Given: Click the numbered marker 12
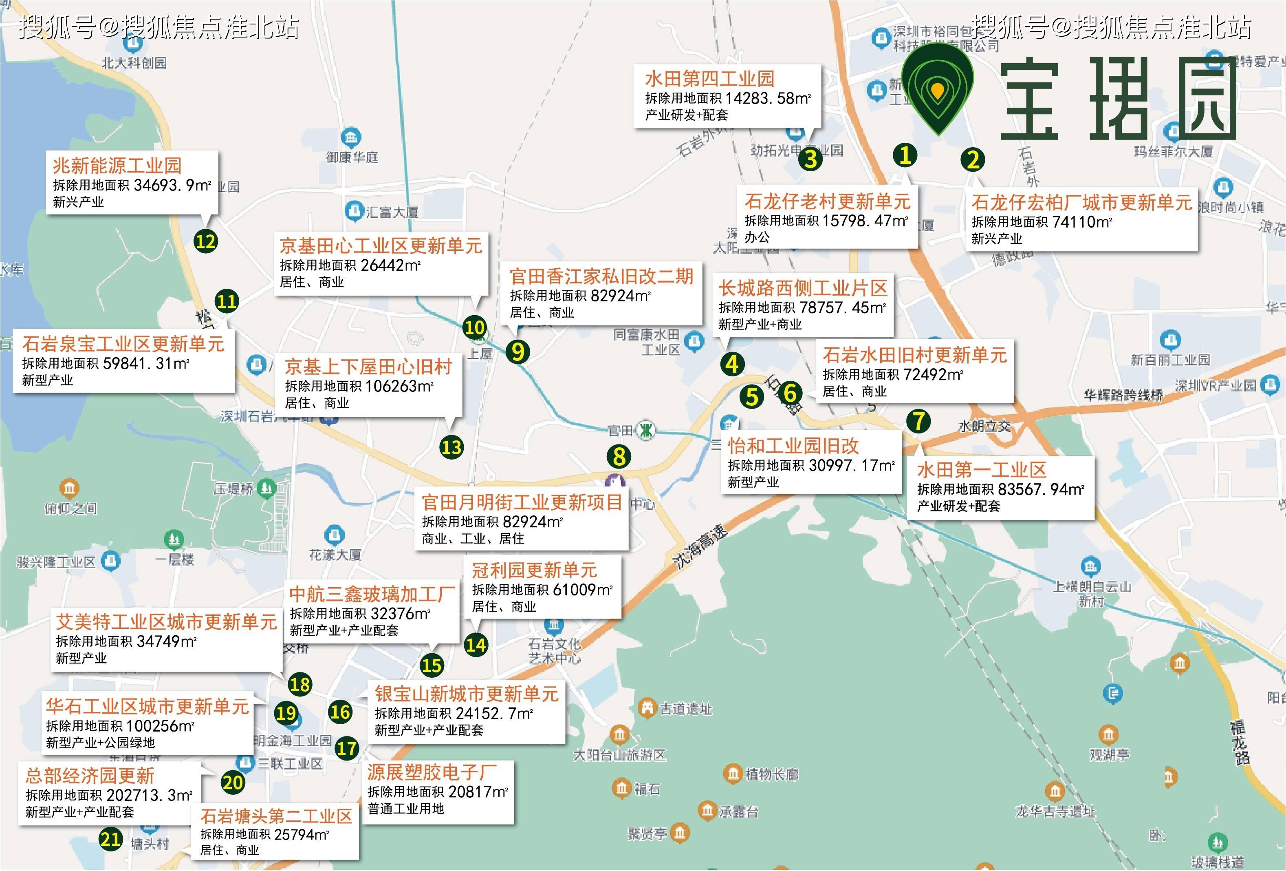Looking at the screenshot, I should [x=205, y=241].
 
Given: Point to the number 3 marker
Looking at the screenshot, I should [x=810, y=159].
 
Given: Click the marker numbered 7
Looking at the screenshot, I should [x=918, y=421].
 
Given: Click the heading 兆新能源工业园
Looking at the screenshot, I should [x=117, y=165].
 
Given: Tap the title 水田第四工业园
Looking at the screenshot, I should [x=709, y=79].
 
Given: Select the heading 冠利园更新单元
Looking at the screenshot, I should [x=534, y=570].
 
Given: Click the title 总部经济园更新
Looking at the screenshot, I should [x=90, y=775].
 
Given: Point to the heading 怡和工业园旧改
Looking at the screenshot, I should [x=793, y=446].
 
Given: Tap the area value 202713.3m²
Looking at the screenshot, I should [x=149, y=795].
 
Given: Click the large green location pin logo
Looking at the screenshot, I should [x=937, y=88].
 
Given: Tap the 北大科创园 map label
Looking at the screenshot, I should [x=134, y=62].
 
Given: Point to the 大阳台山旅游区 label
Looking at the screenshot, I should [x=619, y=755].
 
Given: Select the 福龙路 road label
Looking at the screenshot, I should [x=1238, y=742].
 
